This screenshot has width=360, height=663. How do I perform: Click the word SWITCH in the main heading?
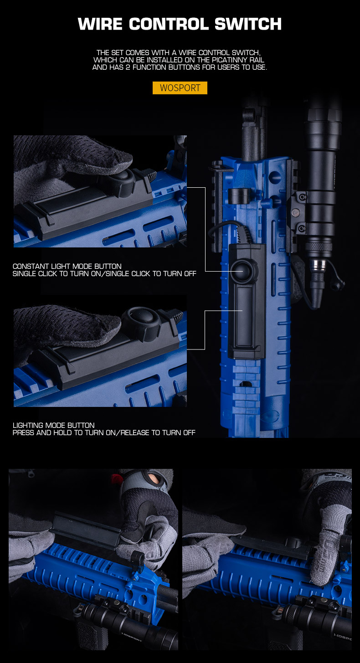(x=248, y=24)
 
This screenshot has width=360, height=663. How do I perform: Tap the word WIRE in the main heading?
(x=100, y=24)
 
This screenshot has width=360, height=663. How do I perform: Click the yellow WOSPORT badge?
(x=180, y=88)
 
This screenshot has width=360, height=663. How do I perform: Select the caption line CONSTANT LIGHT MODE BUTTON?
(x=67, y=266)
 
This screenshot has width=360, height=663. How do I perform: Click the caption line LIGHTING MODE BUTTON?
(x=54, y=425)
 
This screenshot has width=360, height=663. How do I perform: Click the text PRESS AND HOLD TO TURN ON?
(x=64, y=432)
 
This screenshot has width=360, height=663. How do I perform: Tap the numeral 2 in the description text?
(x=128, y=67)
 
